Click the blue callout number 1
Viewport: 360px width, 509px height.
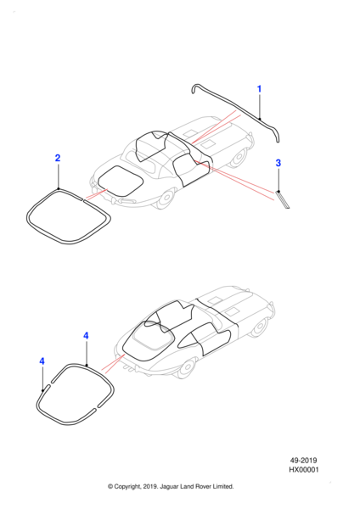click(x=259, y=88)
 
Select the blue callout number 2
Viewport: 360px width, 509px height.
click(x=58, y=158)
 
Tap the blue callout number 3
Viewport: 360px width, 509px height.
click(x=278, y=163)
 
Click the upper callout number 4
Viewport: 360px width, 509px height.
click(x=86, y=336)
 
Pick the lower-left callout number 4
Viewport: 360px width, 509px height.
click(x=42, y=361)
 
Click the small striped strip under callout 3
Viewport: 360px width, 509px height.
click(x=283, y=199)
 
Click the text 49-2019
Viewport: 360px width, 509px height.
click(x=303, y=461)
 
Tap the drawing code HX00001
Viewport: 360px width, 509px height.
click(x=304, y=470)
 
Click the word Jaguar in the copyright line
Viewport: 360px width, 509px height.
click(x=168, y=487)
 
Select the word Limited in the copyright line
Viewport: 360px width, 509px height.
click(x=223, y=486)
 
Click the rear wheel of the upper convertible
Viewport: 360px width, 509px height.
click(x=166, y=198)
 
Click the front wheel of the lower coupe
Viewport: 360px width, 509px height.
click(x=260, y=327)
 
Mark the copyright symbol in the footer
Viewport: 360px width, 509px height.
click(x=110, y=487)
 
